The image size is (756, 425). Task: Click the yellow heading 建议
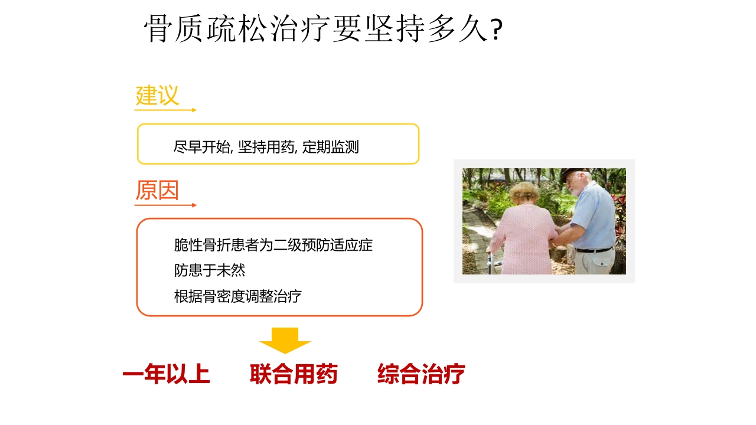(157, 96)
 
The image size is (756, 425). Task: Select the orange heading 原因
(157, 191)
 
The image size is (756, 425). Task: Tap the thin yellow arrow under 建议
(165, 110)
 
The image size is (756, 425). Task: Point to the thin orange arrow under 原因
(165, 205)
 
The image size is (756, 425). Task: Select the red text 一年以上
(166, 374)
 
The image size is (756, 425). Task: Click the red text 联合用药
(294, 374)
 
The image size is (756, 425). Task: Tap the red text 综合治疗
(421, 374)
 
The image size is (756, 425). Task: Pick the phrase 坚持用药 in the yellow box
(266, 147)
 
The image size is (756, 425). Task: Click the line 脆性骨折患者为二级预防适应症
(273, 245)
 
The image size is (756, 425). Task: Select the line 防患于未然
(210, 270)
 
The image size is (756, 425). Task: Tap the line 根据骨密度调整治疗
(238, 296)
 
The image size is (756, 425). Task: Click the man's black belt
(594, 250)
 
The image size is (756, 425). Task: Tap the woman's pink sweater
(522, 236)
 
